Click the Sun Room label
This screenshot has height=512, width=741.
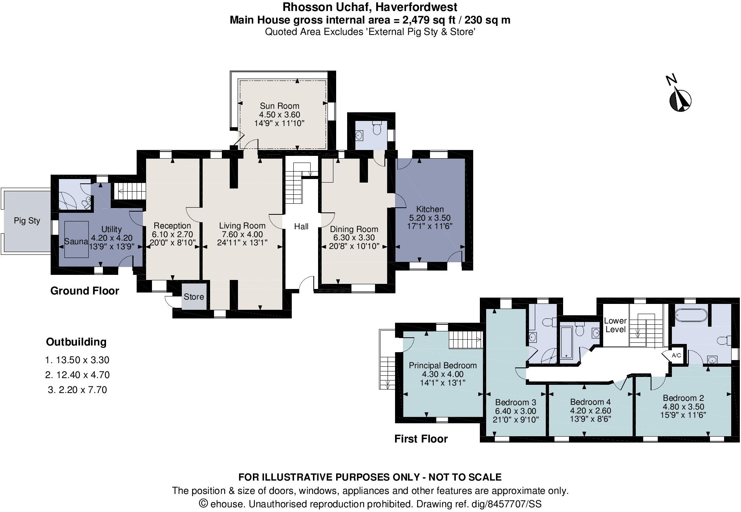[x=279, y=106]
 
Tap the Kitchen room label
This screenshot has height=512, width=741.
[x=430, y=209]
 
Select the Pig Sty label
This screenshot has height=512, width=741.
[x=27, y=221]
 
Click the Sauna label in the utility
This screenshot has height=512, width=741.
[x=76, y=241]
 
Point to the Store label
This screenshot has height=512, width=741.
[x=194, y=297]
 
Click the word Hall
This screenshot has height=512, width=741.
[x=301, y=227]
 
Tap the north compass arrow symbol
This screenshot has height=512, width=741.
[x=680, y=100]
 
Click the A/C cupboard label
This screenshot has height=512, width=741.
[x=676, y=356]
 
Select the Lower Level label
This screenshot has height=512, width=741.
[x=615, y=325]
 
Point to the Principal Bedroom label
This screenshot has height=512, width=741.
[x=443, y=366]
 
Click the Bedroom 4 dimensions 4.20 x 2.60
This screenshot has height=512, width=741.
[x=590, y=411]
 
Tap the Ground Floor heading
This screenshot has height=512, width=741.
[x=84, y=291]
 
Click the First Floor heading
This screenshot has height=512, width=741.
[x=421, y=439]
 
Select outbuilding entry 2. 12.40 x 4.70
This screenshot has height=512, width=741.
[x=77, y=375]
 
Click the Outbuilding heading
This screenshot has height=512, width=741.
[x=76, y=342]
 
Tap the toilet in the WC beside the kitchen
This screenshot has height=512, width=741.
[x=377, y=128]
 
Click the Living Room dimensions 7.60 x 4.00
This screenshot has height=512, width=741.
[x=242, y=234]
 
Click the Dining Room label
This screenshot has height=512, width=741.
[x=354, y=229]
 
